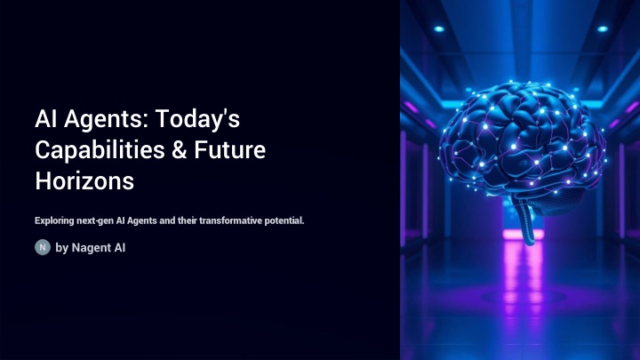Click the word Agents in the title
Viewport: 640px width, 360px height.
[106, 120]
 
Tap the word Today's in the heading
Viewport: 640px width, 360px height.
[197, 118]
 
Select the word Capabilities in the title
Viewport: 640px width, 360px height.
[100, 150]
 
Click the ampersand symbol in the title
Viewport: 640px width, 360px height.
[179, 150]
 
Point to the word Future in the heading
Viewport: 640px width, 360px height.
[230, 150]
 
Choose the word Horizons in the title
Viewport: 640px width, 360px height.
[84, 181]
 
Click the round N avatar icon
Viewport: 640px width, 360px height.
[43, 247]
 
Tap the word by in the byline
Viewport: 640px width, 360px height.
[61, 248]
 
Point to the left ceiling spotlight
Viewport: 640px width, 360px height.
[439, 29]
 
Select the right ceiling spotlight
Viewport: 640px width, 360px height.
[603, 29]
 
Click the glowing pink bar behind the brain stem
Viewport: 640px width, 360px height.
[523, 235]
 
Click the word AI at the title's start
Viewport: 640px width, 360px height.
[45, 119]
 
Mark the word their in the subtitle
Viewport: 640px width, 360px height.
[187, 220]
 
